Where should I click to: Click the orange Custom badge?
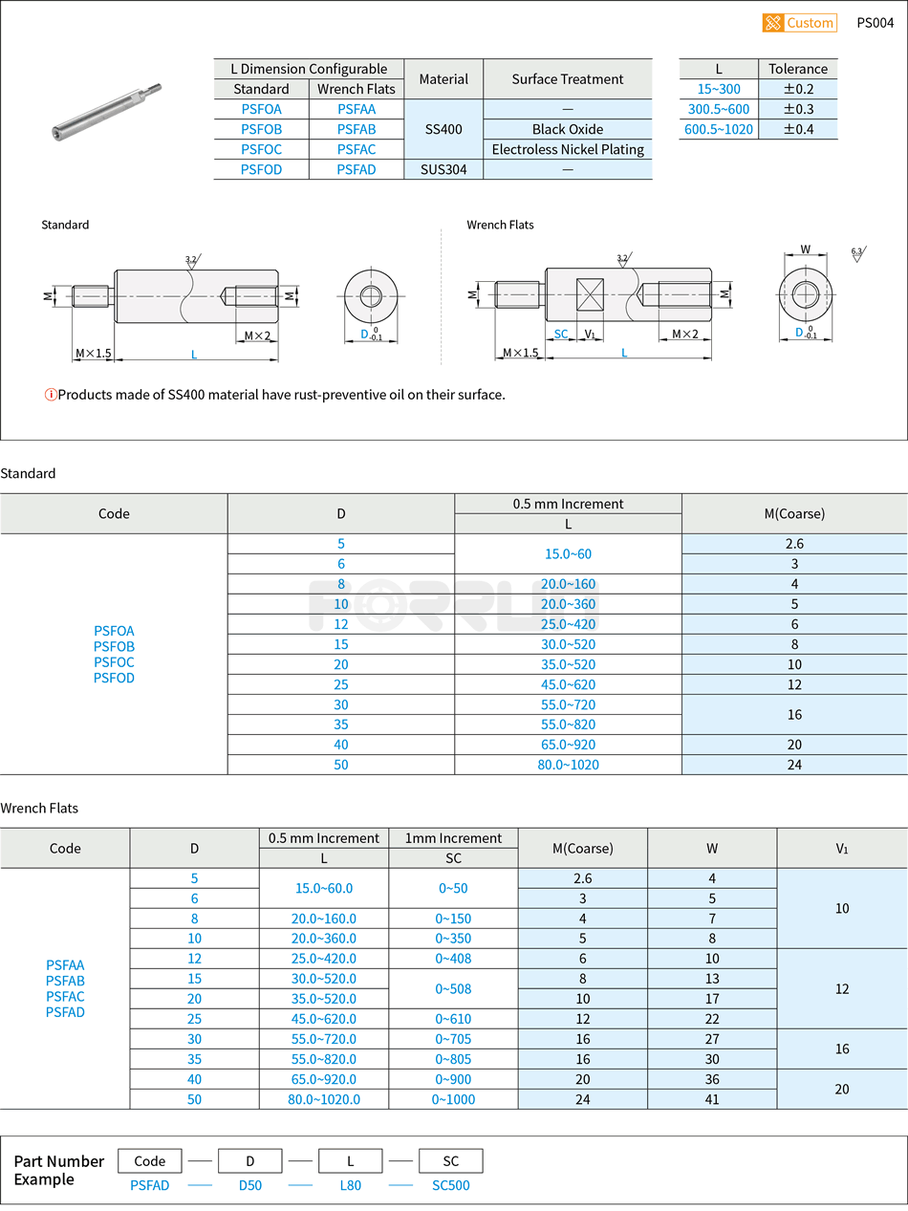pos(799,23)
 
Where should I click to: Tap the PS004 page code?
pos(875,23)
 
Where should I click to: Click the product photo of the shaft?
pos(105,111)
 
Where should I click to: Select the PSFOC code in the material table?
pos(261,149)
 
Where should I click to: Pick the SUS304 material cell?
pos(443,169)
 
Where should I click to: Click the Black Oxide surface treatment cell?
pos(568,129)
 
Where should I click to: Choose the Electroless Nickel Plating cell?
pos(568,149)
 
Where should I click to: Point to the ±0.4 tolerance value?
pos(798,129)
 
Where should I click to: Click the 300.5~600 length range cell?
pos(719,109)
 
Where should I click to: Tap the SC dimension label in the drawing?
pos(561,335)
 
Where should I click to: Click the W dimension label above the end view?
pos(806,249)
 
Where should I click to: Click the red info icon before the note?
pos(51,395)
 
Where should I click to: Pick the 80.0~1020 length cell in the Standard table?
pos(568,765)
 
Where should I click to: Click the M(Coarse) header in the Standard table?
pos(794,513)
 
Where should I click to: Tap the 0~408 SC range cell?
pos(453,959)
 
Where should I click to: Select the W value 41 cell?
pos(712,1099)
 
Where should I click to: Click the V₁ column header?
pos(841,848)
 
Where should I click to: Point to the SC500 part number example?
pos(450,1185)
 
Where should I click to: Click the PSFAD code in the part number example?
pos(150,1185)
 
